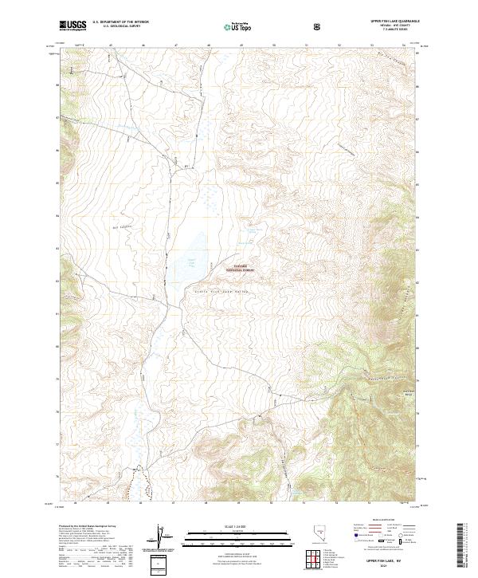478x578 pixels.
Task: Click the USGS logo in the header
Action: (72, 26)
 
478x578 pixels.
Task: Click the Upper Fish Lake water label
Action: (190, 262)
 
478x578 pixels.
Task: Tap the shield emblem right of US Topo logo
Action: (318, 26)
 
